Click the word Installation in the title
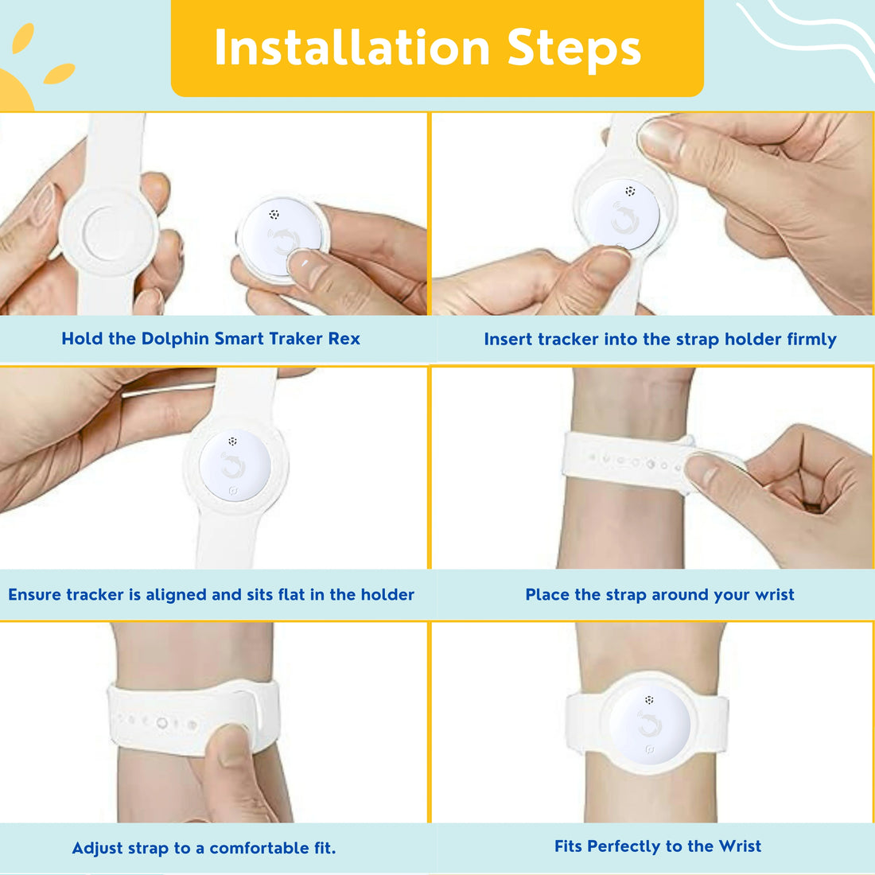(x=352, y=48)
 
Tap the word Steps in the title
(x=574, y=49)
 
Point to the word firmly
(x=811, y=340)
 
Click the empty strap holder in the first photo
(x=109, y=231)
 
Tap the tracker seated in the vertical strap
(x=235, y=465)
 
